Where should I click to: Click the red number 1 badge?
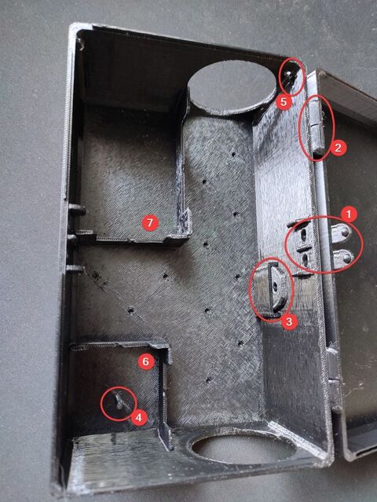[x=349, y=214]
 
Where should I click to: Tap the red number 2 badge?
[x=339, y=148]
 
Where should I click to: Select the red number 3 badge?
[x=289, y=321]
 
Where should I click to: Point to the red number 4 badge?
[x=139, y=417]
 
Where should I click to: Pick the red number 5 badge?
[x=284, y=102]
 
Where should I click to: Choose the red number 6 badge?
[x=146, y=362]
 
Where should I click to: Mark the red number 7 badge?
[x=150, y=223]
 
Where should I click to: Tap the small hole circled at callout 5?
[x=289, y=74]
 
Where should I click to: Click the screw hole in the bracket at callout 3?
[x=275, y=284]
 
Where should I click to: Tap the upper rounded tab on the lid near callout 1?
[x=341, y=232]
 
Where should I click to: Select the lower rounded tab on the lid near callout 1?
[x=343, y=257]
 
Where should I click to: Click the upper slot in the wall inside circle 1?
[x=303, y=236]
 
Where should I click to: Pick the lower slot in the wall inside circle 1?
[x=306, y=258]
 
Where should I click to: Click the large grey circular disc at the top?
[x=232, y=85]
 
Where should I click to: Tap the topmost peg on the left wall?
[x=77, y=210]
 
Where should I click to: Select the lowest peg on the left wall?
[x=74, y=268]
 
